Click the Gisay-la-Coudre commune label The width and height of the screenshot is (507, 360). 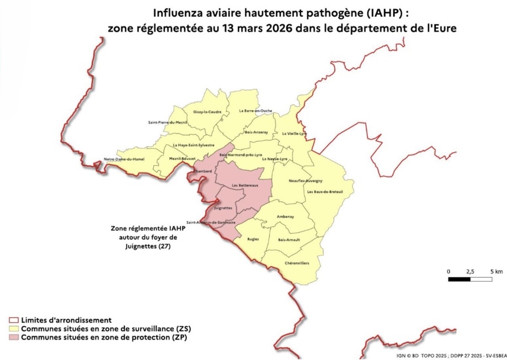pyautogui.click(x=207, y=112)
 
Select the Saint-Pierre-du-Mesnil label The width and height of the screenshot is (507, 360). pyautogui.click(x=168, y=122)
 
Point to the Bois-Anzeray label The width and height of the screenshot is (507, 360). pyautogui.click(x=256, y=132)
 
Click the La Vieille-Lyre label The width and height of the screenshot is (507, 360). pyautogui.click(x=294, y=133)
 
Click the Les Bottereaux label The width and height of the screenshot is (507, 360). pyautogui.click(x=245, y=185)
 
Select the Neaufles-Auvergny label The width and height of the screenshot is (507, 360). pyautogui.click(x=306, y=181)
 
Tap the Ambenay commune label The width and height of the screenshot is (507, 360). pyautogui.click(x=285, y=216)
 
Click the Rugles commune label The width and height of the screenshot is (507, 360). pyautogui.click(x=253, y=240)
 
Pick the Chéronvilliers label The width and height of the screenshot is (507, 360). pyautogui.click(x=296, y=264)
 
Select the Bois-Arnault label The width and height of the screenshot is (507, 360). pyautogui.click(x=289, y=240)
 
